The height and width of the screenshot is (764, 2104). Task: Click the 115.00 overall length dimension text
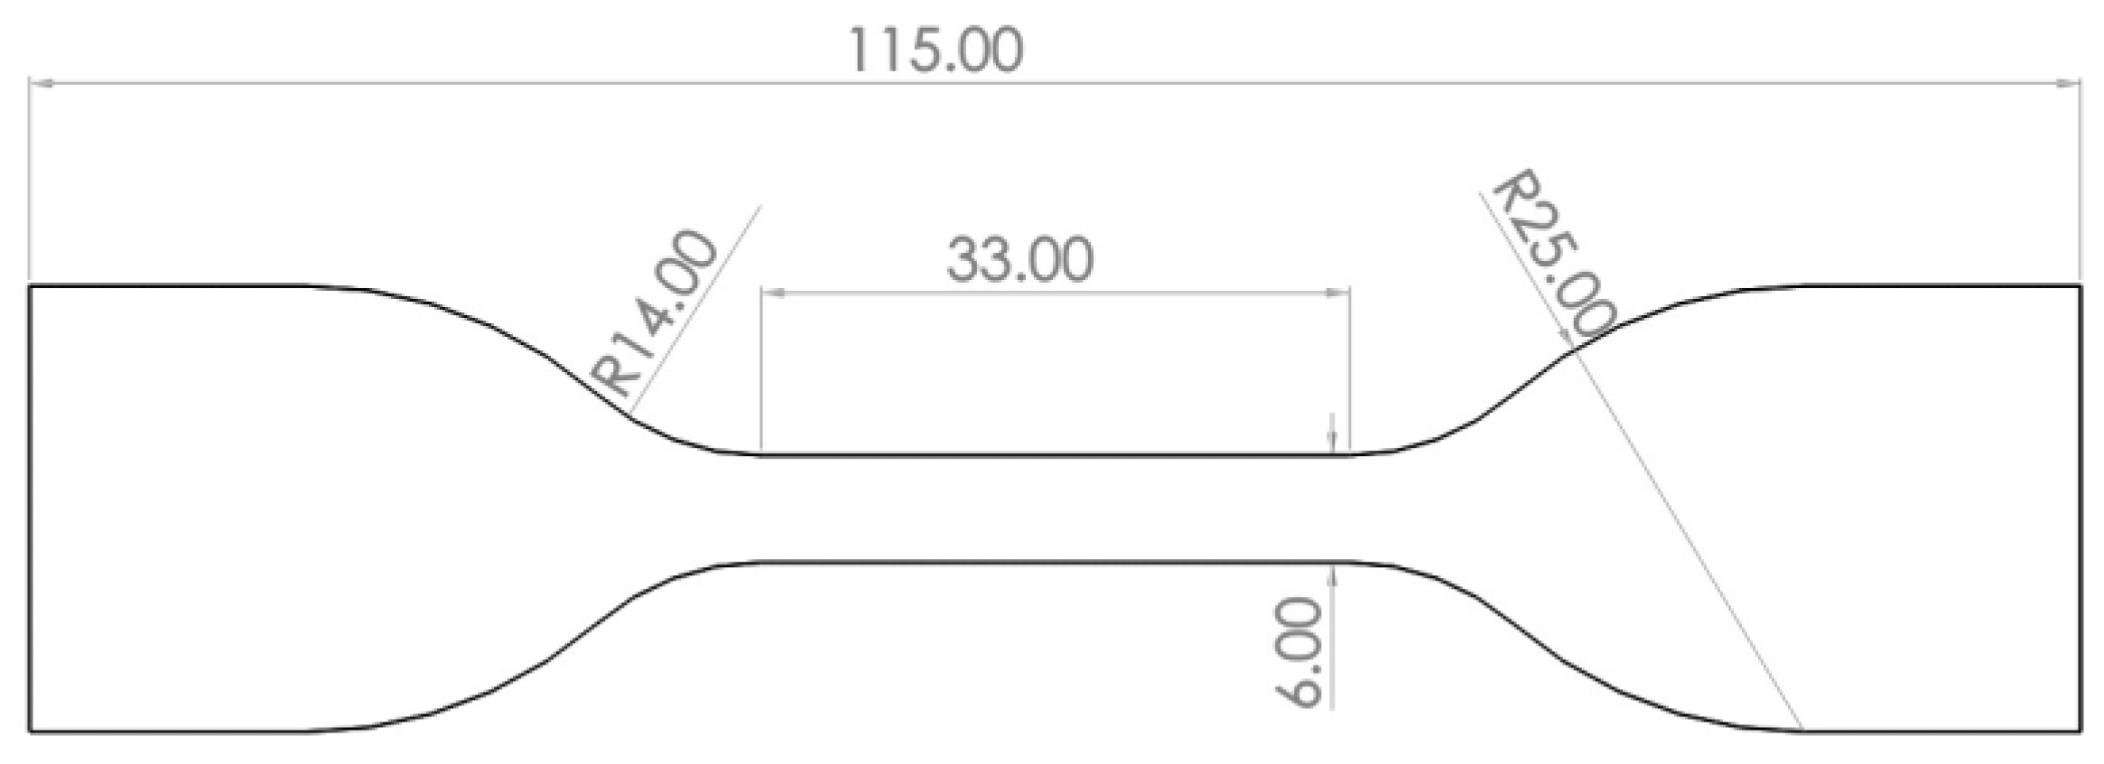tap(935, 51)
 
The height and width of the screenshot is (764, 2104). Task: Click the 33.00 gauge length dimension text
tap(1019, 260)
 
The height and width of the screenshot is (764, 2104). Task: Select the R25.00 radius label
tap(1554, 255)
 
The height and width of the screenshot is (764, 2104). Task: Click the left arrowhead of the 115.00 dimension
tap(40, 83)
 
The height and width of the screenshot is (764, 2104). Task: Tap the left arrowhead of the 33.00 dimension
tap(773, 293)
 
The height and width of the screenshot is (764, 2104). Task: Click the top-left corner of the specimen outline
tap(30, 286)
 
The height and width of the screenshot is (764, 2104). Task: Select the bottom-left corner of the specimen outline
tap(30, 731)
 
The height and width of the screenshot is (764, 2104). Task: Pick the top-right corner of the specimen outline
tap(2081, 286)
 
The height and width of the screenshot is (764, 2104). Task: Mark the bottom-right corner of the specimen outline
tap(2081, 731)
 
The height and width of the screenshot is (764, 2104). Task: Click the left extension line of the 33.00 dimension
tap(761, 379)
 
